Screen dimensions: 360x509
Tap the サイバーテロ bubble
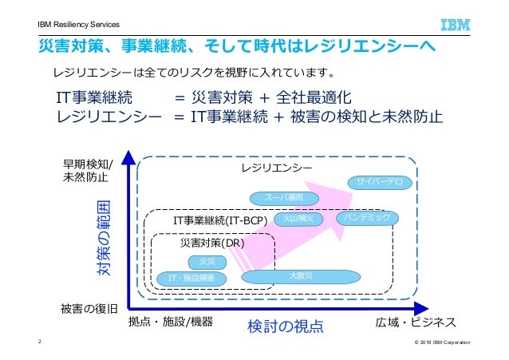pos(379,183)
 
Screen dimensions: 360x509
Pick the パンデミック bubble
pos(366,217)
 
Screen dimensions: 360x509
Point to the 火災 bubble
pos(207,261)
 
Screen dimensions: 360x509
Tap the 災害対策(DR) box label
pos(207,243)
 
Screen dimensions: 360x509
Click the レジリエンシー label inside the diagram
pos(276,168)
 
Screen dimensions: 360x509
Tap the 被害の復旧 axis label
pos(89,307)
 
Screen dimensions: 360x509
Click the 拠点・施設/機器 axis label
pos(170,322)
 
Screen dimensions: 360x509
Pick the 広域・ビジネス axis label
pos(416,322)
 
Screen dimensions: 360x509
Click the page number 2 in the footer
pos(40,342)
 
